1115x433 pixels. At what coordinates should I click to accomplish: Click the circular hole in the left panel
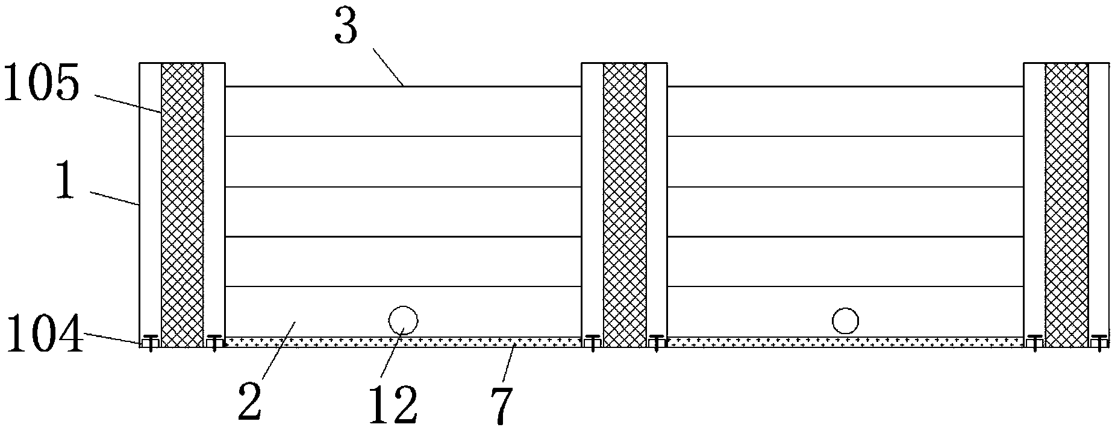(x=403, y=320)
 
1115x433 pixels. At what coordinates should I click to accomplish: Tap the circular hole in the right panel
(x=845, y=321)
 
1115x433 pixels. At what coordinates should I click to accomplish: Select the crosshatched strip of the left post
(x=182, y=205)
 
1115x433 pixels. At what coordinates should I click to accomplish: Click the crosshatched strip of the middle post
(x=624, y=205)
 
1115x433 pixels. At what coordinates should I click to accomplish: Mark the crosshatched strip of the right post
(x=1066, y=205)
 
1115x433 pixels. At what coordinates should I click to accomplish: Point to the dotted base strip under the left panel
(x=402, y=342)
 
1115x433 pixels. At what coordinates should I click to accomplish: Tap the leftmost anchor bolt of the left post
(x=151, y=342)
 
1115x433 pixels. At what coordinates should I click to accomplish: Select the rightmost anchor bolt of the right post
(x=1101, y=342)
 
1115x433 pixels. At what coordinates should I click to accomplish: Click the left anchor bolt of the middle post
(x=593, y=342)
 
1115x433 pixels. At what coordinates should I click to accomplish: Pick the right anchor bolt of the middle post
(x=656, y=342)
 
